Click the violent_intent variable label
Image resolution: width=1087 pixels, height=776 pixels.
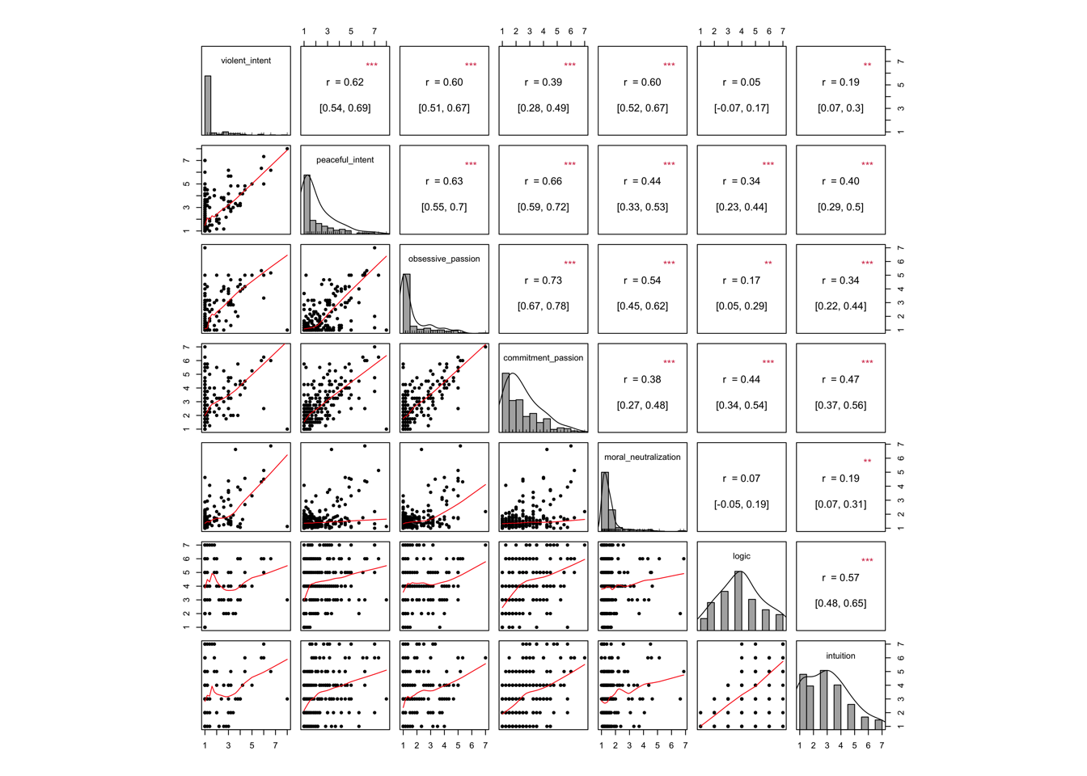(x=246, y=61)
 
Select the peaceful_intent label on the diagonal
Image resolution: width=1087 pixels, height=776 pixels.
(x=345, y=160)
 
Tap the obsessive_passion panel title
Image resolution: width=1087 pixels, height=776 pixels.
(x=444, y=259)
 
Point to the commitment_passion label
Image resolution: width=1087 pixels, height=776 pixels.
(x=543, y=358)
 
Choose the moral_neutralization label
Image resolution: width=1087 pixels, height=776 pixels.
(x=642, y=458)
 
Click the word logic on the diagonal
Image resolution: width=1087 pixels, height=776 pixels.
(x=742, y=556)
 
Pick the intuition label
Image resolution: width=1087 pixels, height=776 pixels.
(x=840, y=656)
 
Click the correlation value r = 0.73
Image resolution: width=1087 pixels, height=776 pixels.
(x=543, y=280)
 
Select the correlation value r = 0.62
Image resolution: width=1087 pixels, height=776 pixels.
(x=345, y=82)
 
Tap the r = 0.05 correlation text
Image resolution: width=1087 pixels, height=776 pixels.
(x=742, y=82)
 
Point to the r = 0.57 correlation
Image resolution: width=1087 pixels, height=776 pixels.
(x=840, y=578)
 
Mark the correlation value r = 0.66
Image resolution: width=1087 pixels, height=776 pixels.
(x=543, y=181)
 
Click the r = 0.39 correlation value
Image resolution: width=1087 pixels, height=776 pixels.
(x=543, y=82)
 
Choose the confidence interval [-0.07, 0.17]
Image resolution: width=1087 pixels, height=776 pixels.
(x=742, y=108)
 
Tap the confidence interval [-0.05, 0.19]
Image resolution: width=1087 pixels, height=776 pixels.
(x=742, y=504)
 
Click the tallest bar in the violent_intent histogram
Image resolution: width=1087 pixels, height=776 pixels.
(x=208, y=105)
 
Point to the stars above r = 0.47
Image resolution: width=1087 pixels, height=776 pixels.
(x=867, y=362)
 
